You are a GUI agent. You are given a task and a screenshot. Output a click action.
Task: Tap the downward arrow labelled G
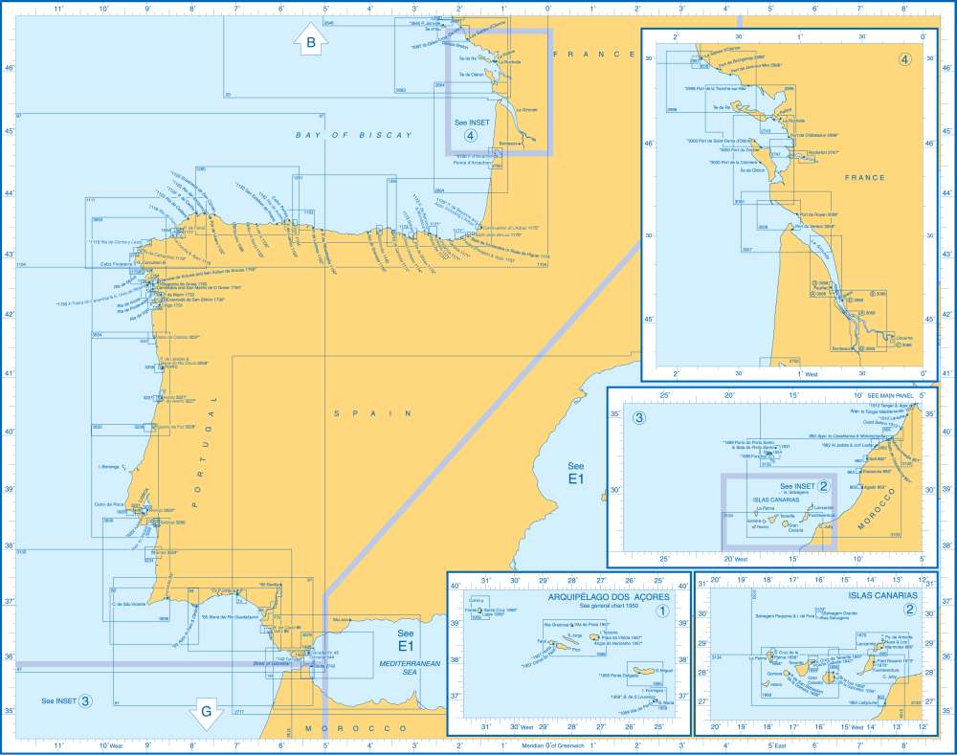205,713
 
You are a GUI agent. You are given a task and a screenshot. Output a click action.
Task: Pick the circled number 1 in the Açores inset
658,610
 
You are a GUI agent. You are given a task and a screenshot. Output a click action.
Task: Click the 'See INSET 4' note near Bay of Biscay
476,129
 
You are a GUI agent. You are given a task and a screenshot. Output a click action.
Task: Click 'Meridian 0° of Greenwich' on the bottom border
548,746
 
